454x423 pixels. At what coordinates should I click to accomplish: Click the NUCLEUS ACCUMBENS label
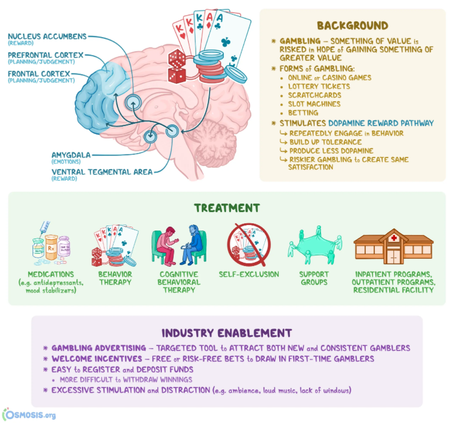[47, 36]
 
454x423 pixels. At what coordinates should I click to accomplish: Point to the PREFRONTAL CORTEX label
[45, 55]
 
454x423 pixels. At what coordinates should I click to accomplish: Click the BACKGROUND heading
[352, 25]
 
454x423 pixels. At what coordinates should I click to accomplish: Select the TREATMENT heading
[227, 208]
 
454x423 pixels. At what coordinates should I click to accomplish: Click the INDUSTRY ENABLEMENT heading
[227, 333]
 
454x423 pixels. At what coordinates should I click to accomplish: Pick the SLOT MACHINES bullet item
[314, 104]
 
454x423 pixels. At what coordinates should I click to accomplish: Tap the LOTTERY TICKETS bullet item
[319, 86]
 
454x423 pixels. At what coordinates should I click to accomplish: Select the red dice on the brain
[177, 66]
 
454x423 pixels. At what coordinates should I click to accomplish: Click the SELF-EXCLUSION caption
[249, 274]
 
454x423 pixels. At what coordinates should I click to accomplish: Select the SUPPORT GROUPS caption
[314, 278]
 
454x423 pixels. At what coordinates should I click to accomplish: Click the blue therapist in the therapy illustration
[193, 244]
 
